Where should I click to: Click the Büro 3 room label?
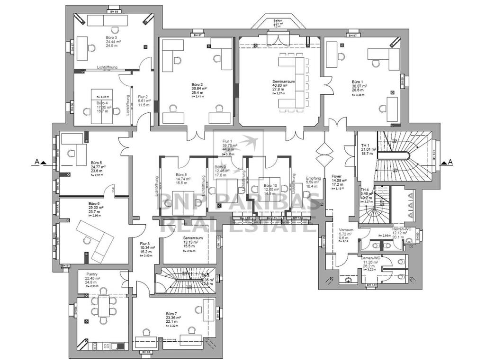[x=112, y=37]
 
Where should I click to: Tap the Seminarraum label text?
[x=284, y=82]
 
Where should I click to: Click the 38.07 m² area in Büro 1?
[x=359, y=86]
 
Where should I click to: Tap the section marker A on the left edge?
[x=37, y=162]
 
